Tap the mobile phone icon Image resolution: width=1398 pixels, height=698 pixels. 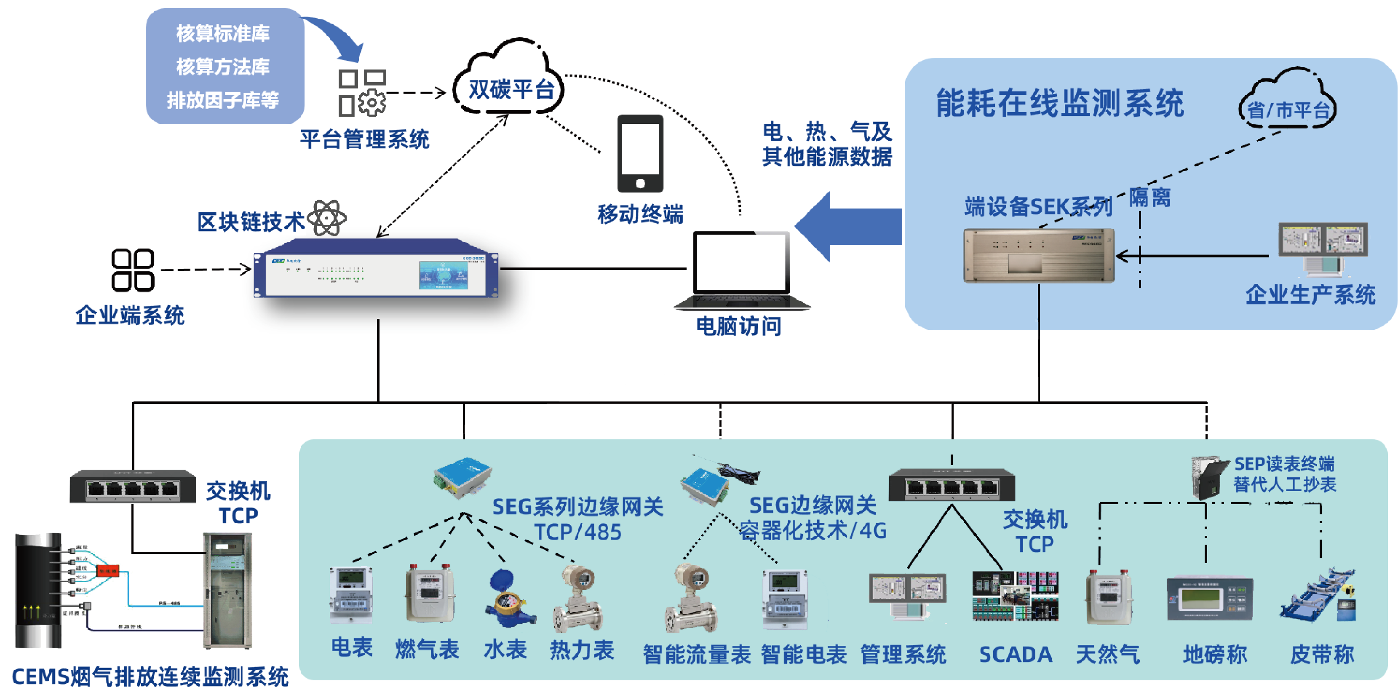click(x=640, y=154)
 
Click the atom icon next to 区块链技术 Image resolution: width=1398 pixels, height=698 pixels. click(x=327, y=217)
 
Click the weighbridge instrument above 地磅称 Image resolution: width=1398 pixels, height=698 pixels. click(x=1210, y=599)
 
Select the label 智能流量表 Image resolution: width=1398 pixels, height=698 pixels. click(x=696, y=655)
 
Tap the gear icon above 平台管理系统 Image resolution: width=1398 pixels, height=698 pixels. click(x=372, y=102)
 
